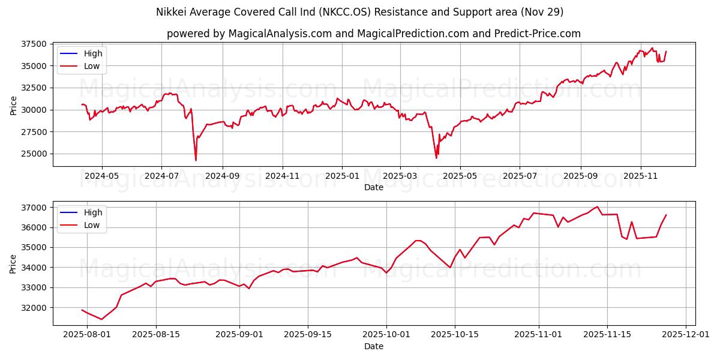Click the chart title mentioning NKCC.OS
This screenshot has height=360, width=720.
click(360, 12)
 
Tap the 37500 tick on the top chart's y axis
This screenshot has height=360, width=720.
click(35, 44)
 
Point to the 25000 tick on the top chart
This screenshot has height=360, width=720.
click(35, 154)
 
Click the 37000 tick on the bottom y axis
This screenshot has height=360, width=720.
click(35, 208)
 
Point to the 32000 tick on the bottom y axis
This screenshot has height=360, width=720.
click(35, 307)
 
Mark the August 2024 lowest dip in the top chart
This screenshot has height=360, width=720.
click(196, 160)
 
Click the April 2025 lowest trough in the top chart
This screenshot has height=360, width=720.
click(436, 158)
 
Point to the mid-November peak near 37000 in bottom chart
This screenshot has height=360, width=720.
click(597, 206)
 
